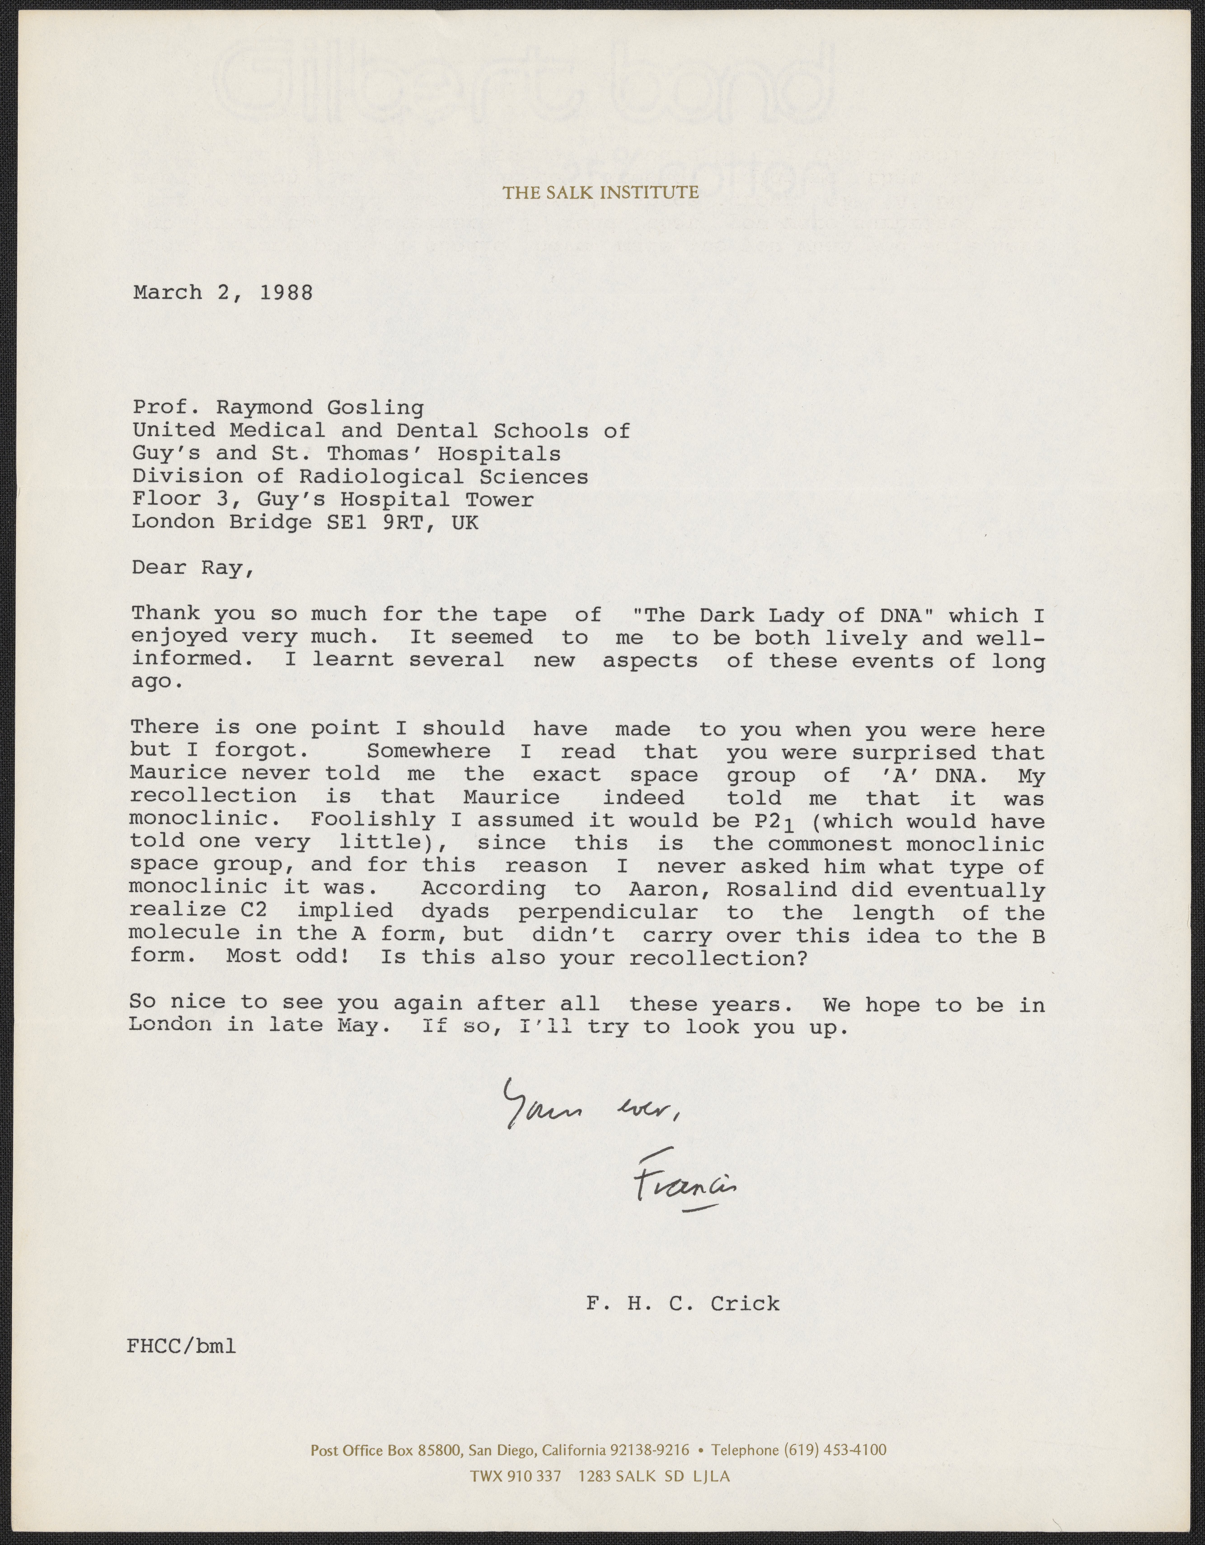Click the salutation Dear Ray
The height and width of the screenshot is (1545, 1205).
tap(192, 568)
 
